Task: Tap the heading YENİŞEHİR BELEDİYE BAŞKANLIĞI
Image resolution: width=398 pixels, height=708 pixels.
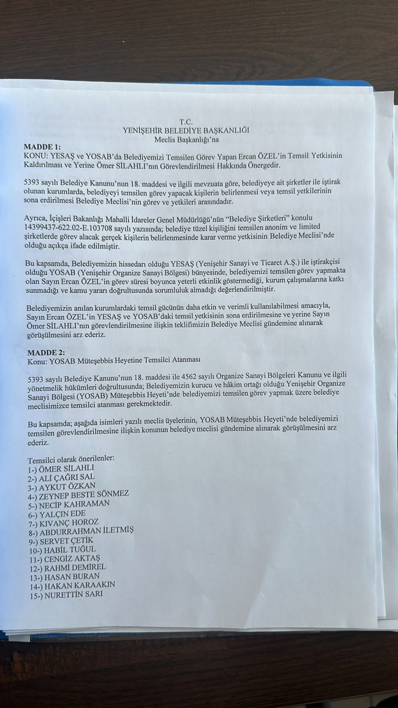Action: coord(186,130)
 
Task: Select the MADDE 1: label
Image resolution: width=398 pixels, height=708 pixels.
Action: coord(42,147)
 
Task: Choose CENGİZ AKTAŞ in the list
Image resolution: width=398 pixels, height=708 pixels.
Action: coord(68,558)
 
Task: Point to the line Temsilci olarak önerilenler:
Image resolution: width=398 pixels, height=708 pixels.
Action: coord(71,458)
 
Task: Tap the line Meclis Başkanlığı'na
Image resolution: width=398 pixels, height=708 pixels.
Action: coord(186,139)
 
